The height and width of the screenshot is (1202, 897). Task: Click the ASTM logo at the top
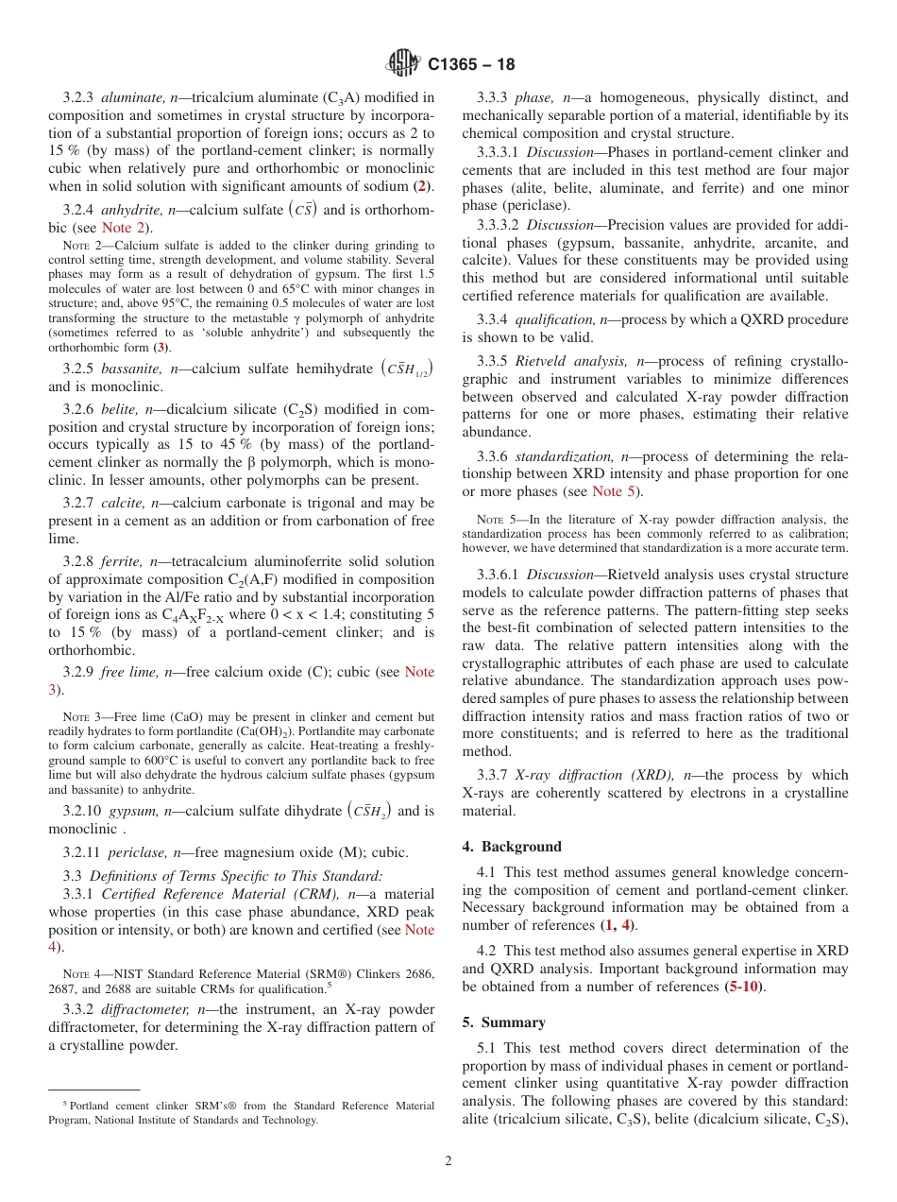tap(403, 64)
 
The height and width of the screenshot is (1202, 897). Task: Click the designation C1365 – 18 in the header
tap(471, 65)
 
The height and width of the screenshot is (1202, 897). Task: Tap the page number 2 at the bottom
tap(448, 1161)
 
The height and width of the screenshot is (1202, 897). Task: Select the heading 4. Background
tap(512, 847)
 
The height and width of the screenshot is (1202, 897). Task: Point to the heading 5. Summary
tap(504, 1022)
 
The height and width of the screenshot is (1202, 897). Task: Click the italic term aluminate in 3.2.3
tap(132, 96)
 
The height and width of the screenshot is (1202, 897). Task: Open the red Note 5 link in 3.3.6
tap(606, 491)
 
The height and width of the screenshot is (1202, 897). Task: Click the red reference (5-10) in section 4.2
tap(744, 987)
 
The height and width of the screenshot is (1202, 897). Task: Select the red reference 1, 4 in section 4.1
tap(618, 925)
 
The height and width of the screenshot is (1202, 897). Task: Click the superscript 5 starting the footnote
tap(65, 1103)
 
